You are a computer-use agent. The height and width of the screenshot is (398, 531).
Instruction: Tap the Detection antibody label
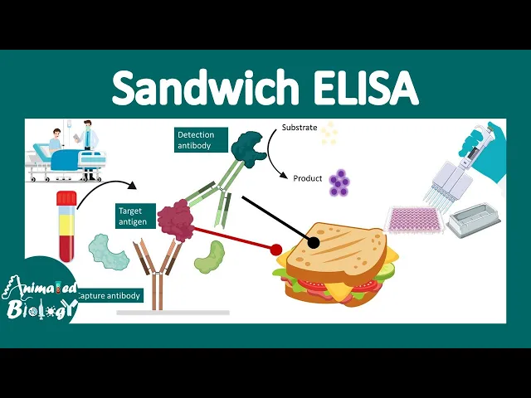point(195,140)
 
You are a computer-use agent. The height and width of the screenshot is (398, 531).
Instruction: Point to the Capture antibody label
point(110,295)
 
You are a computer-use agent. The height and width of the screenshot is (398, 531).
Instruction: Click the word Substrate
point(299,128)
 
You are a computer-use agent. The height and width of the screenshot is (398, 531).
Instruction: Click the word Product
point(307,178)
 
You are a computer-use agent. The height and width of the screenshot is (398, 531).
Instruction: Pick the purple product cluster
point(339,182)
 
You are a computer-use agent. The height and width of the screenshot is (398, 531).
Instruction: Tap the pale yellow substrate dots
point(330,133)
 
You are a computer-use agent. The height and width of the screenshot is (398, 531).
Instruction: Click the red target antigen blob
point(175,219)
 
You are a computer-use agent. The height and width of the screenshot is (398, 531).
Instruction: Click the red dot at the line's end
point(275,248)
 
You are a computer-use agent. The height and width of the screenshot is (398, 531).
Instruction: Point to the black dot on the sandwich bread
point(314,242)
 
